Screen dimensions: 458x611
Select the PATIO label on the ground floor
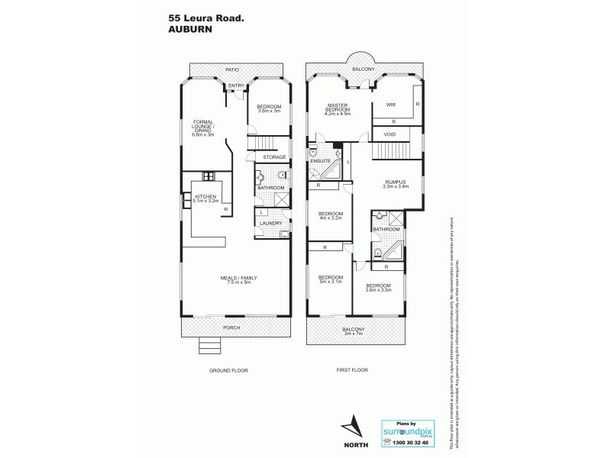234,70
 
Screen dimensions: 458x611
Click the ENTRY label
236,85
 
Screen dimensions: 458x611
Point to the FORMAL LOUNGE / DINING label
202,127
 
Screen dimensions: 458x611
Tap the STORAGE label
274,157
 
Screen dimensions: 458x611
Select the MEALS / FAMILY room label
236,279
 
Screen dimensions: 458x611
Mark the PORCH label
231,327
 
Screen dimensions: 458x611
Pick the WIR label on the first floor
390,105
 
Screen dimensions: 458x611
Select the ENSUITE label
321,162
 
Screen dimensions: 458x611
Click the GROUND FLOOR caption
230,370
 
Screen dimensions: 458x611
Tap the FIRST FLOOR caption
352,370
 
